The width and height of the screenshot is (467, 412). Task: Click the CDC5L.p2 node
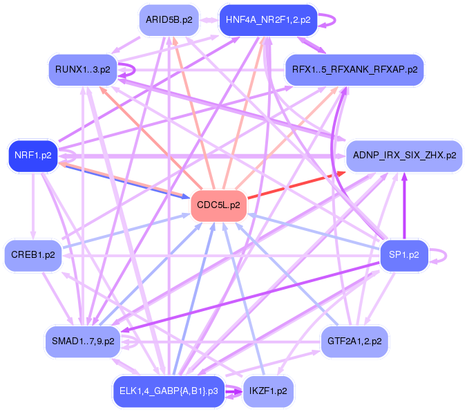pyautogui.click(x=218, y=205)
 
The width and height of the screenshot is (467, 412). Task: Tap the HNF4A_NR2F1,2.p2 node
pyautogui.click(x=267, y=20)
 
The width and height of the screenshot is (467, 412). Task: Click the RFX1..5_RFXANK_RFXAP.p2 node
pyautogui.click(x=354, y=69)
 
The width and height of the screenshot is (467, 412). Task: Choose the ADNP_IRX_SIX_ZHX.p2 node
pyautogui.click(x=403, y=156)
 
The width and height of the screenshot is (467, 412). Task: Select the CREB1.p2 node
pyautogui.click(x=33, y=255)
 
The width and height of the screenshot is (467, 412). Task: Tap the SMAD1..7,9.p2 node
pyautogui.click(x=83, y=341)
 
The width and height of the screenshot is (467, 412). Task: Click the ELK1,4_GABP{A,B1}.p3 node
pyautogui.click(x=169, y=391)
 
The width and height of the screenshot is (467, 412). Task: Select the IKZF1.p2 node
pyautogui.click(x=268, y=391)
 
